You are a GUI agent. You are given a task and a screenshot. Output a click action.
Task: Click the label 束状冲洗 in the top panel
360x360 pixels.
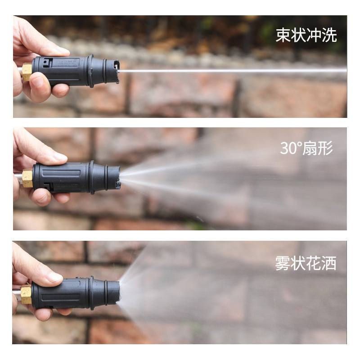[x=306, y=35]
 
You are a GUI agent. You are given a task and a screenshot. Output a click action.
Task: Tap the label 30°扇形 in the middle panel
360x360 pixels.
[x=306, y=148]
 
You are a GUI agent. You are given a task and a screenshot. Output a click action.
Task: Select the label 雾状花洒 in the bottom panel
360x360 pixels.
[x=306, y=263]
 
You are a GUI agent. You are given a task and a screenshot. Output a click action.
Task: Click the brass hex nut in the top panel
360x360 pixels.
[x=27, y=72]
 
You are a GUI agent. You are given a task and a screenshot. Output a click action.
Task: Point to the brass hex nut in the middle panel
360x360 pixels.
[x=27, y=178]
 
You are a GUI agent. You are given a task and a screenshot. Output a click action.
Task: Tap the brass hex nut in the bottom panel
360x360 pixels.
[x=26, y=294]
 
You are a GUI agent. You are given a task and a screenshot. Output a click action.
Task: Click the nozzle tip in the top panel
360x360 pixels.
[x=114, y=71]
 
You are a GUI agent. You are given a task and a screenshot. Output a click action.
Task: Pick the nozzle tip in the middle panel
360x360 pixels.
[x=114, y=177]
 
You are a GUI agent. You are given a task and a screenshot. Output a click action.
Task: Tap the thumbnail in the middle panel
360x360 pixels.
[x=59, y=157]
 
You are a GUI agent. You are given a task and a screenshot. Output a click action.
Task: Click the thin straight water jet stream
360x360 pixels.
[x=233, y=71]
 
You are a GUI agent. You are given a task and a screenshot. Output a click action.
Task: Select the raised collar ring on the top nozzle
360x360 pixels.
[x=91, y=71]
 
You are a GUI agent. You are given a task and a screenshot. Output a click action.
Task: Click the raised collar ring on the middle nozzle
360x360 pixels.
[x=92, y=177]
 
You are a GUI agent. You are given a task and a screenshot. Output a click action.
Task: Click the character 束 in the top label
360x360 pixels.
[x=283, y=35]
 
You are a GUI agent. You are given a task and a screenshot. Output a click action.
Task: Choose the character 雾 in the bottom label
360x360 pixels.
[x=283, y=263]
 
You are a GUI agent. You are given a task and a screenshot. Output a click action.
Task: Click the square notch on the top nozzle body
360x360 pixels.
[x=48, y=63]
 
